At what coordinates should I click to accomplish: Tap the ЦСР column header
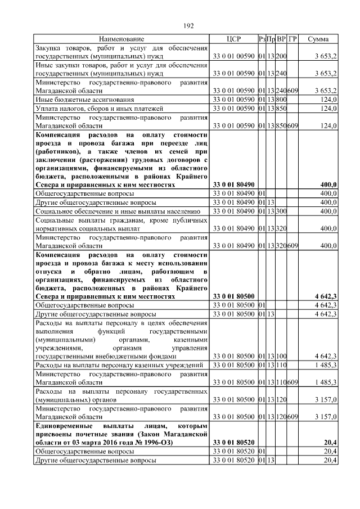[233, 39]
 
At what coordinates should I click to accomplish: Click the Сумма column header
[319, 39]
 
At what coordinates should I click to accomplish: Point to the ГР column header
[292, 39]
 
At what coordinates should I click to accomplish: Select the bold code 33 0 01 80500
[233, 296]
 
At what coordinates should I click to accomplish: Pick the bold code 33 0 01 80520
[233, 443]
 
